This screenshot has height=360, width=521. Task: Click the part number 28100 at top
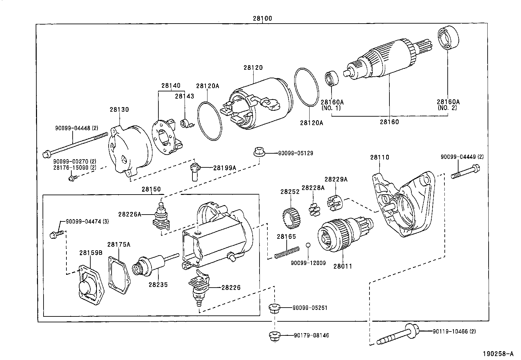click(x=262, y=19)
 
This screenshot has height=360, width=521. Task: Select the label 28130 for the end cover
click(x=119, y=109)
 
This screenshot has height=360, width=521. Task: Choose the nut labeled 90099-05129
click(x=259, y=153)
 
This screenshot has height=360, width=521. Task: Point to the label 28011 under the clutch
click(x=343, y=266)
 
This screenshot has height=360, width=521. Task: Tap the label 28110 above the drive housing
click(x=380, y=157)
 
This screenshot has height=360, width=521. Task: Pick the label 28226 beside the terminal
click(x=231, y=288)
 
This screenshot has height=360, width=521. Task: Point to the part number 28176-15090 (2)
click(x=75, y=167)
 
